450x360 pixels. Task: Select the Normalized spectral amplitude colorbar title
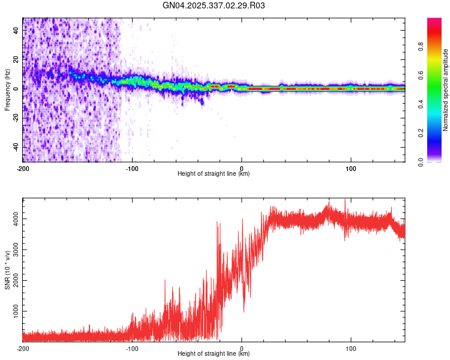point(446,90)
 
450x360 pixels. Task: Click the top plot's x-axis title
point(214,173)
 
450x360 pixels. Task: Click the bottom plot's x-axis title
point(214,353)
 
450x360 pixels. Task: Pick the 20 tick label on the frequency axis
point(16,59)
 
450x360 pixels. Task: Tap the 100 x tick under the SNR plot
point(351,348)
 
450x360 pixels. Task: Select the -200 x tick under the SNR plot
point(23,348)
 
